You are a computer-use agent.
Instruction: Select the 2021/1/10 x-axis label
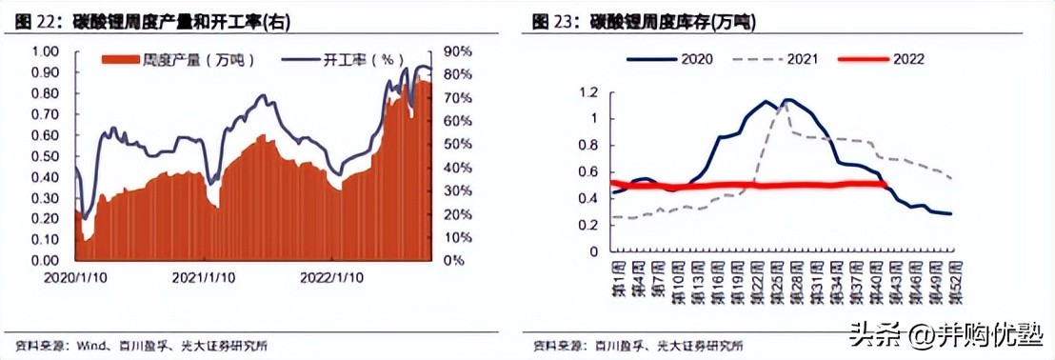pyautogui.click(x=203, y=277)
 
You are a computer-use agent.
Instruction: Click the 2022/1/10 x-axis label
pyautogui.click(x=330, y=277)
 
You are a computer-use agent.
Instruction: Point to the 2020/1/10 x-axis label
pyautogui.click(x=74, y=277)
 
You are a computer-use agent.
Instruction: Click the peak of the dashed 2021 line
pyautogui.click(x=784, y=101)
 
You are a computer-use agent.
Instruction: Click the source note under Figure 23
pyautogui.click(x=637, y=344)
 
